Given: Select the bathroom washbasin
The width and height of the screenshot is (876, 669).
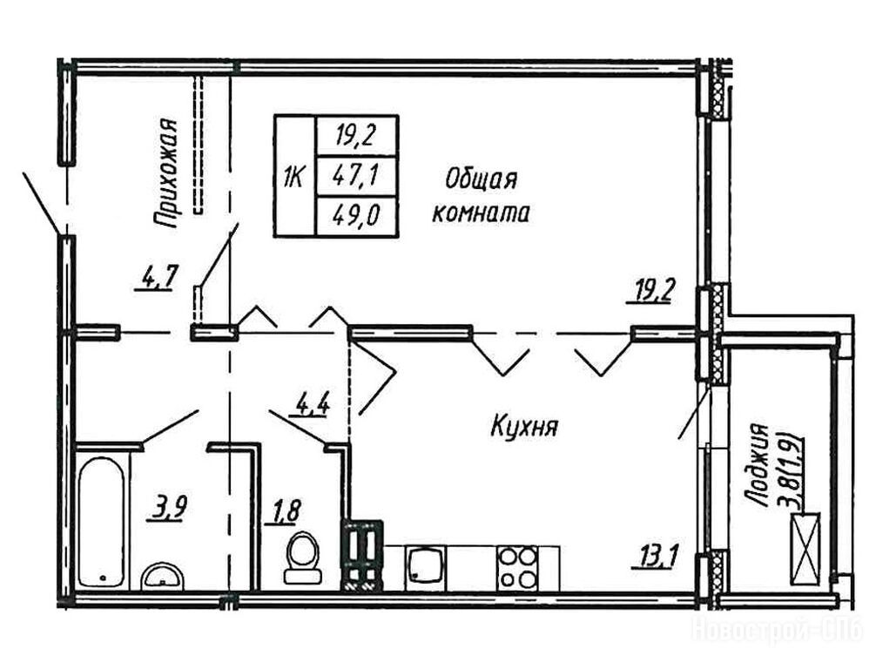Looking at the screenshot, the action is coord(162,575).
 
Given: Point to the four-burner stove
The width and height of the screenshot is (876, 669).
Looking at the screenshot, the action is coord(518,567).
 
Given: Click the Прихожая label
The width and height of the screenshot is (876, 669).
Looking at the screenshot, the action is coord(166,174).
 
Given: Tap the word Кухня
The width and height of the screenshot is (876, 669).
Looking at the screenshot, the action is coord(524,428).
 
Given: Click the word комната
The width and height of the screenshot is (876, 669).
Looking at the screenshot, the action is coord(481,213).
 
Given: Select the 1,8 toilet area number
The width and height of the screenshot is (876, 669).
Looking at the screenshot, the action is coord(286,512).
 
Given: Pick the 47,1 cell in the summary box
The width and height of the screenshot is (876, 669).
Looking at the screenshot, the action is coord(356,176).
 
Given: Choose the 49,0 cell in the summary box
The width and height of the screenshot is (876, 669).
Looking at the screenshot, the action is coord(356,215).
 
